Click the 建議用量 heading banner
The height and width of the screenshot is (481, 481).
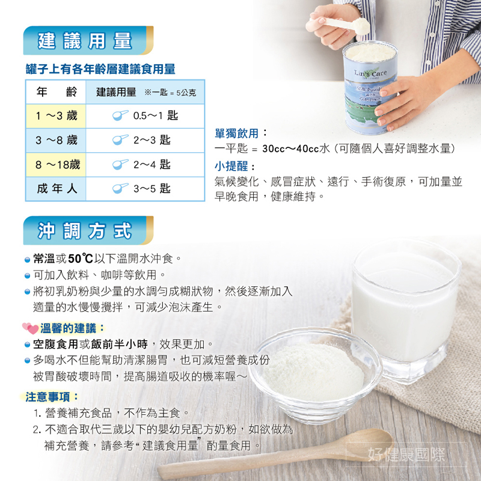tap(88, 40)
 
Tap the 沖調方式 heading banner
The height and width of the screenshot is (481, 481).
tap(88, 230)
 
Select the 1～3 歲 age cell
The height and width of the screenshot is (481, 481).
tap(56, 116)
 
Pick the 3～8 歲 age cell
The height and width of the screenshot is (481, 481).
tap(56, 140)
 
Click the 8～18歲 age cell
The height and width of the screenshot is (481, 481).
tap(56, 165)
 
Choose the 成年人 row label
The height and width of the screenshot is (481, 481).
tap(57, 189)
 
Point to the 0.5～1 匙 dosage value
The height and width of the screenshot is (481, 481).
tap(156, 115)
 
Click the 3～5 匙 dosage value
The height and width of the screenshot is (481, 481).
tap(152, 189)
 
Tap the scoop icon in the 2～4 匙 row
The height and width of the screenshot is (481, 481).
tap(120, 164)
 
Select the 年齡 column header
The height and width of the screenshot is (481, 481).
tap(57, 92)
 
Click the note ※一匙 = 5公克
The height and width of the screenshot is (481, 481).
tap(170, 93)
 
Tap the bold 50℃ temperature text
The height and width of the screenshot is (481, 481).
tap(81, 259)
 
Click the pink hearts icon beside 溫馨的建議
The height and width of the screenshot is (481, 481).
tap(30, 328)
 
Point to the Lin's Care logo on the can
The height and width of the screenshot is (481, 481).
tap(370, 73)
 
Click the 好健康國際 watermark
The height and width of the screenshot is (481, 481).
tap(406, 455)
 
